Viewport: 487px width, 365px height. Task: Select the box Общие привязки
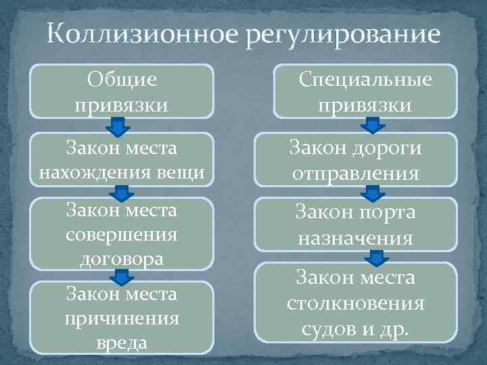click(x=122, y=92)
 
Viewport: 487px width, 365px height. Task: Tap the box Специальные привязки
click(x=365, y=92)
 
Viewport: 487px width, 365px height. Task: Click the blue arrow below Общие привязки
click(x=119, y=126)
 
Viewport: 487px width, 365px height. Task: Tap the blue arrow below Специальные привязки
click(x=371, y=125)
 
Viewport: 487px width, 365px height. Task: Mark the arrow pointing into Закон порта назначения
click(x=371, y=195)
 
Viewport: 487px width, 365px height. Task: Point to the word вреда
click(x=122, y=342)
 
